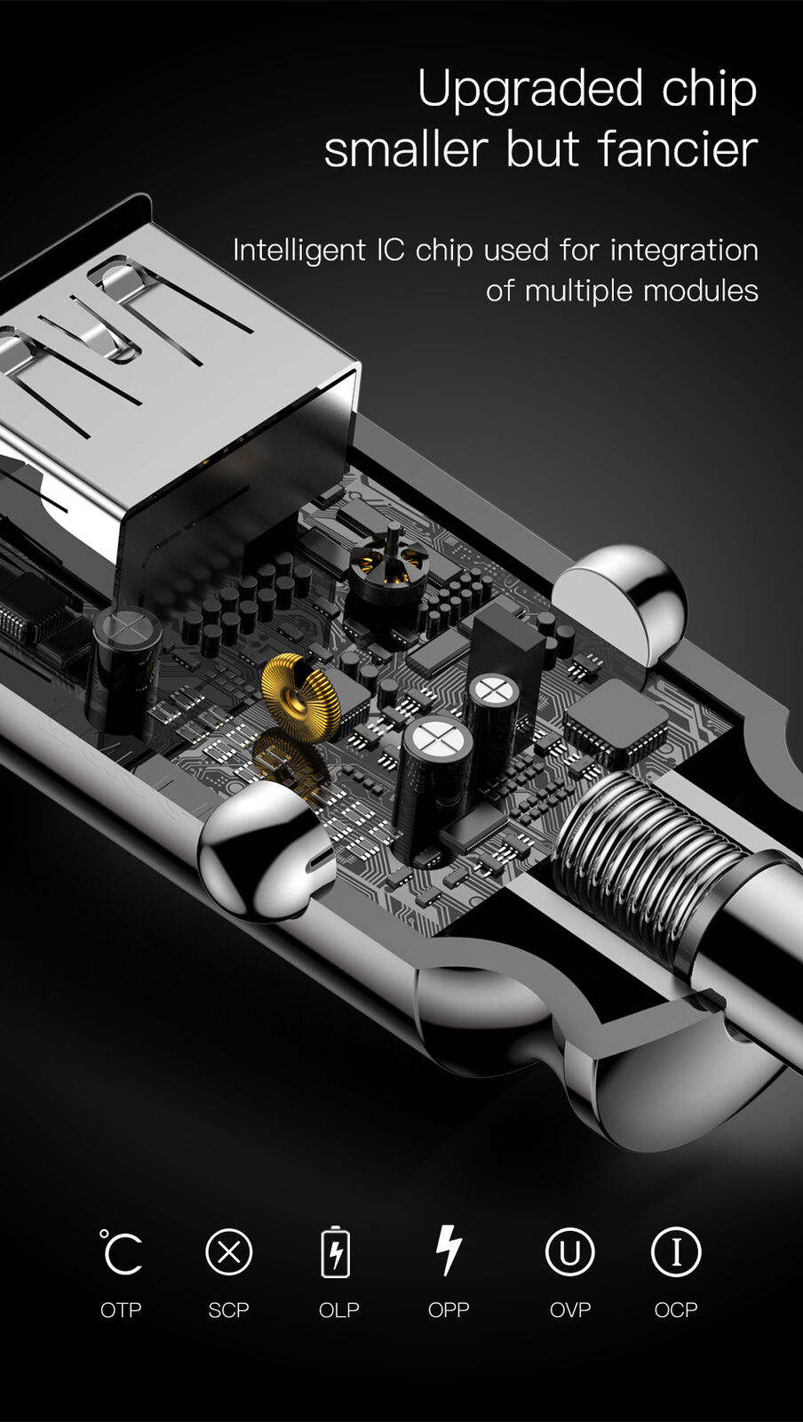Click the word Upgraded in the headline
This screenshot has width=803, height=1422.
click(530, 91)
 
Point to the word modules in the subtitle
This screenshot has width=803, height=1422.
click(701, 292)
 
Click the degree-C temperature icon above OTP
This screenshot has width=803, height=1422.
click(121, 1252)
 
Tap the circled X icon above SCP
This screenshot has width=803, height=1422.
click(229, 1252)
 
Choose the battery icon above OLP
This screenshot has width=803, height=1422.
click(336, 1251)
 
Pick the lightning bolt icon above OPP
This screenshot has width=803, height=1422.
click(449, 1250)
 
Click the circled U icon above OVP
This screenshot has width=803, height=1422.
click(569, 1252)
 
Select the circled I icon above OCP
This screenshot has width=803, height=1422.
click(676, 1252)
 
